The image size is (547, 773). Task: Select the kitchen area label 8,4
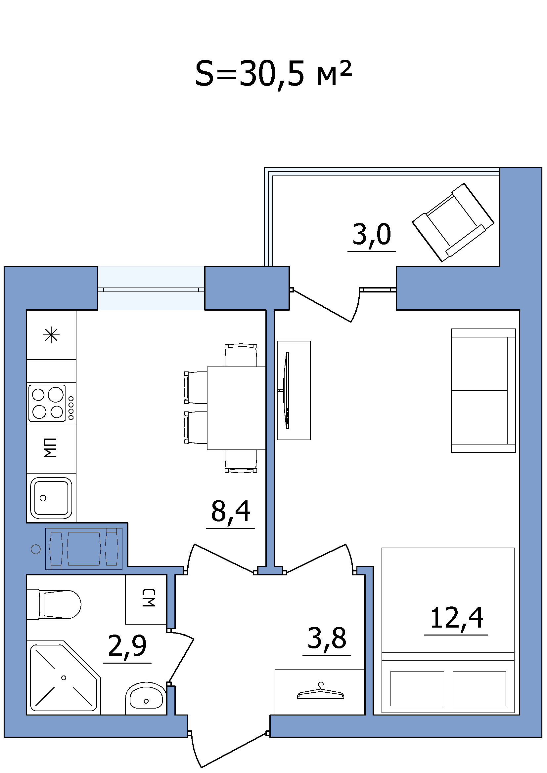pyautogui.click(x=231, y=511)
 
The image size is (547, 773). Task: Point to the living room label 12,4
pyautogui.click(x=456, y=618)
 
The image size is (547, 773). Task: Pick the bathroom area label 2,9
pyautogui.click(x=127, y=646)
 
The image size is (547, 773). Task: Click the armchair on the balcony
pyautogui.click(x=453, y=222)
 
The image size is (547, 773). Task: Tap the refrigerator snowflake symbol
pyautogui.click(x=51, y=335)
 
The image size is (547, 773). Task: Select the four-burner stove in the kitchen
pyautogui.click(x=52, y=403)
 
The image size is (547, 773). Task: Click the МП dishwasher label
pyautogui.click(x=51, y=448)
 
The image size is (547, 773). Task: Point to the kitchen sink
pyautogui.click(x=51, y=498)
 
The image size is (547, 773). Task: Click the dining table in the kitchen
pyautogui.click(x=236, y=408)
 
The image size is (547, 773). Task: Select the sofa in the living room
pyautogui.click(x=483, y=391)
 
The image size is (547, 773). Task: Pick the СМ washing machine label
pyautogui.click(x=149, y=598)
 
